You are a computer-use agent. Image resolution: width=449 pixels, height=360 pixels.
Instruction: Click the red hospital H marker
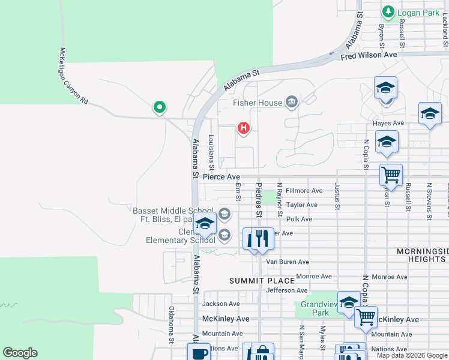click(244, 128)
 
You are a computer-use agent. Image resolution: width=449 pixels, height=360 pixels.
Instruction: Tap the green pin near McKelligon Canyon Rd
click(159, 107)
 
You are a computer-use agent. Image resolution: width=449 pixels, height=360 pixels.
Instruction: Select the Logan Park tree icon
click(388, 11)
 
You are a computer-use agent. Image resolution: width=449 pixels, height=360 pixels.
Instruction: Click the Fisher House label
click(258, 103)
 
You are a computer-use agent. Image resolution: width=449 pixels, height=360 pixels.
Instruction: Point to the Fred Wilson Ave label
click(369, 55)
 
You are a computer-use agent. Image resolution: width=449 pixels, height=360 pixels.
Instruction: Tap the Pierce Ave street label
click(221, 177)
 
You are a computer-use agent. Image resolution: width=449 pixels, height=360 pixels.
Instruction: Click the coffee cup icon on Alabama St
click(199, 353)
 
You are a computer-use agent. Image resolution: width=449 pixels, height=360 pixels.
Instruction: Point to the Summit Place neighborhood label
click(262, 281)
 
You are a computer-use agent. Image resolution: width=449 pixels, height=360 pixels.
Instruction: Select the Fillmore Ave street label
click(304, 191)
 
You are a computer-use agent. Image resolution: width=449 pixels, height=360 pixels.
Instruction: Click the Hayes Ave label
click(388, 123)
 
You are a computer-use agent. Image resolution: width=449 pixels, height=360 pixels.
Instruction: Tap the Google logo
click(20, 353)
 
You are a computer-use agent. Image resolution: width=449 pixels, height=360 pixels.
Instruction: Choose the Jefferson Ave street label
click(287, 290)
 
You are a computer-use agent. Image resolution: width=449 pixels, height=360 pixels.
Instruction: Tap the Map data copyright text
click(411, 355)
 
